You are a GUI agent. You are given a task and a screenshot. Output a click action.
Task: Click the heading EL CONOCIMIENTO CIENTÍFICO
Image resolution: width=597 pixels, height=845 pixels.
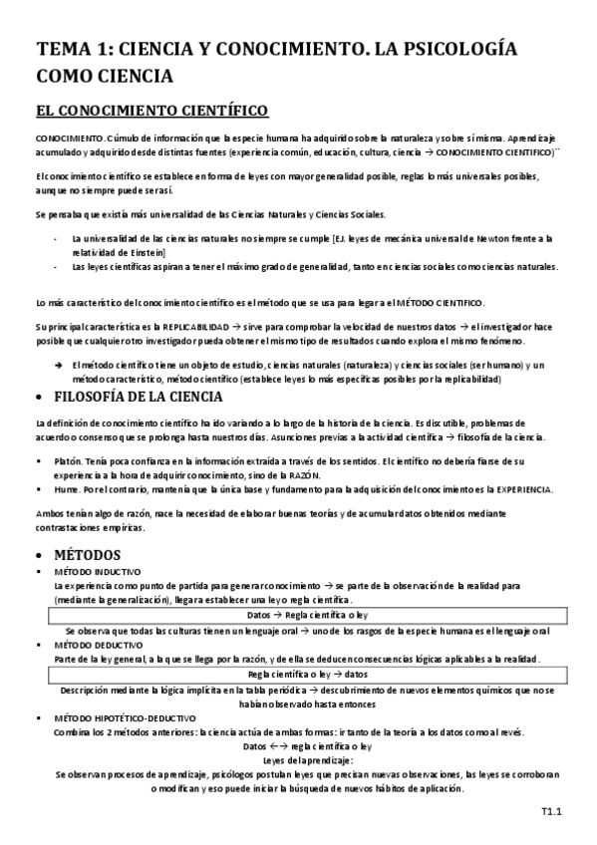149,110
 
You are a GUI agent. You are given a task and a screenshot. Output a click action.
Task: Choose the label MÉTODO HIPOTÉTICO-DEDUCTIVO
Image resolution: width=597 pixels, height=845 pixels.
126,716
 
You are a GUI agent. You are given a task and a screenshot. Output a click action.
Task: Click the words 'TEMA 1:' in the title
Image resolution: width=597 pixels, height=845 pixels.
74,50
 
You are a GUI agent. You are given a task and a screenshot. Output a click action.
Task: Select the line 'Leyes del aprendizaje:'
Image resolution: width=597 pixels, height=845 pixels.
299,759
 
